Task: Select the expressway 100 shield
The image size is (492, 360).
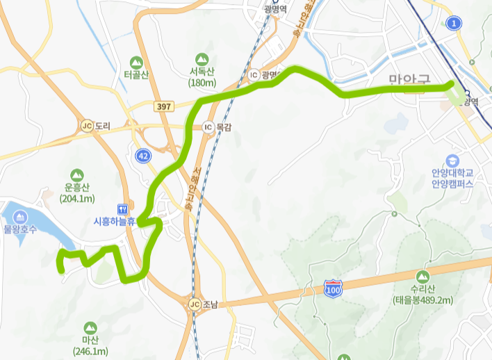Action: [x=332, y=287]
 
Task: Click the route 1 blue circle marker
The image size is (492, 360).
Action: [x=455, y=24]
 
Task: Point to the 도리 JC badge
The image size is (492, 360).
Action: [x=87, y=126]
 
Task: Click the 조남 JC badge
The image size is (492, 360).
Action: [x=194, y=304]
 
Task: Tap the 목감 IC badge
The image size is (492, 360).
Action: [x=207, y=127]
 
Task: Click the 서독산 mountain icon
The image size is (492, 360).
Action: [x=202, y=58]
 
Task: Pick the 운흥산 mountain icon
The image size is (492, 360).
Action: [x=77, y=174]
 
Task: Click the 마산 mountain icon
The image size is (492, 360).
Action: [x=90, y=327]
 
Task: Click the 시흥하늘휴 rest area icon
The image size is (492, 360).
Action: [x=123, y=208]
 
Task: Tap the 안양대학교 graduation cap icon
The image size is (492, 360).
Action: [x=453, y=160]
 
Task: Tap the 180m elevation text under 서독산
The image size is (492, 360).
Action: [x=202, y=83]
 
